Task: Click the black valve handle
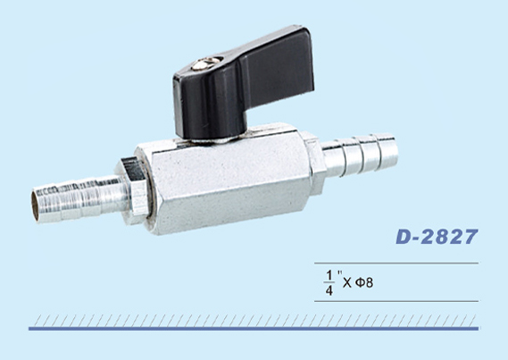243,81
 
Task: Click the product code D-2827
437,237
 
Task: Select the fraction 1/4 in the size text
329,283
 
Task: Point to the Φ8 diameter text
364,282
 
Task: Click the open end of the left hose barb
35,206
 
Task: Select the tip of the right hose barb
394,151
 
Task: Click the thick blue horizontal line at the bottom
254,329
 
